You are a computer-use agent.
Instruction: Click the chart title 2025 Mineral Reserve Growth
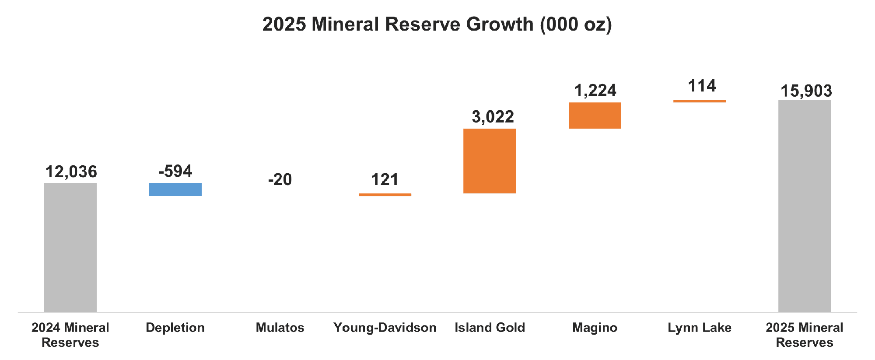(x=437, y=24)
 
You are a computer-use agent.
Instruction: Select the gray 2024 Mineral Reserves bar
(x=70, y=247)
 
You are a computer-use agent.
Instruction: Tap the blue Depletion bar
(x=175, y=189)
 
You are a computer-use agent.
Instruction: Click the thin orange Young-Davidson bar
(x=385, y=195)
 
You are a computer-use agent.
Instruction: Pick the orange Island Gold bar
(x=490, y=161)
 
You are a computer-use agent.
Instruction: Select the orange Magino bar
(x=595, y=115)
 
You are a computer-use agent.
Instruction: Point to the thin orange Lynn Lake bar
(x=699, y=101)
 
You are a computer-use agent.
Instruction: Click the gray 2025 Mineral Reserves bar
(x=804, y=206)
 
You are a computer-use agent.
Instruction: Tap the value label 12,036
(x=71, y=172)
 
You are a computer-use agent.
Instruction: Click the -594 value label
(x=175, y=171)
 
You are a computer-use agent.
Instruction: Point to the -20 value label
(x=280, y=180)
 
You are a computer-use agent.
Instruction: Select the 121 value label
(x=385, y=180)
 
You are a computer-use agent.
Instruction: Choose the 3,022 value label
(x=493, y=117)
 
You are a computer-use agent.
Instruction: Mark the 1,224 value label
(x=595, y=91)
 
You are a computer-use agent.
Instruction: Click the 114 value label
(x=702, y=86)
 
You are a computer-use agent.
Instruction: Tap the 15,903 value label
(x=806, y=91)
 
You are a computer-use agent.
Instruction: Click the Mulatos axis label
(x=280, y=328)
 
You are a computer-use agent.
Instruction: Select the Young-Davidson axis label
(x=385, y=328)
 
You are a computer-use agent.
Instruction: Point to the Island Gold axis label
(x=490, y=328)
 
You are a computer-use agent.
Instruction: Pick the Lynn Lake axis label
(x=699, y=328)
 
